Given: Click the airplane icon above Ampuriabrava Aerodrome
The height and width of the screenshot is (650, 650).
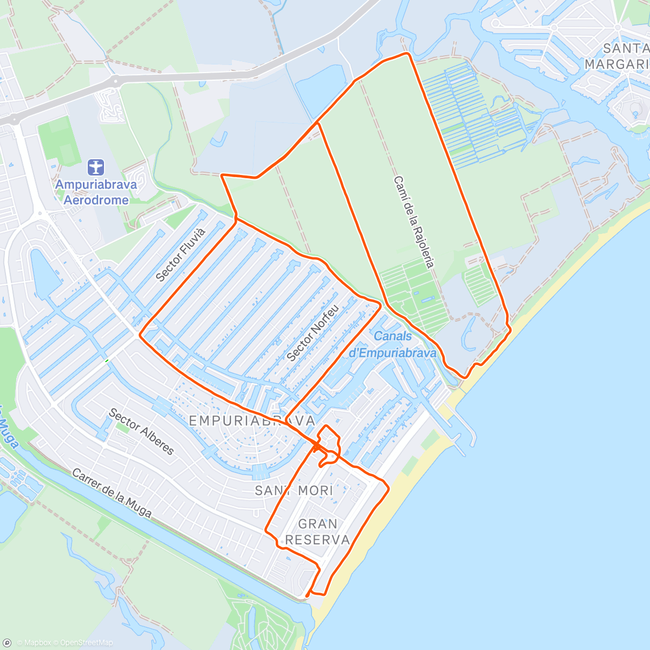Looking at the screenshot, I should point(96,167).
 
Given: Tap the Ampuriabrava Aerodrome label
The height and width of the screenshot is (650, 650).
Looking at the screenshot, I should point(96,192).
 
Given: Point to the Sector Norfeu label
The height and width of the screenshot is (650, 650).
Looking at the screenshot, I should point(313,333).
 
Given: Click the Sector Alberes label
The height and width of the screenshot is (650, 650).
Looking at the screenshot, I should point(141,432).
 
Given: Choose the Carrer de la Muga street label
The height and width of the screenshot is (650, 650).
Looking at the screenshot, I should point(112,493).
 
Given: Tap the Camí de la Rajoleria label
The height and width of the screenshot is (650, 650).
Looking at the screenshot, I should point(414,222).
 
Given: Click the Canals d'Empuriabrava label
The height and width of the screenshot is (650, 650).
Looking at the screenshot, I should point(392,344).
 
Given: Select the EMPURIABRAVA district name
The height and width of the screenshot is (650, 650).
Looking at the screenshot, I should point(252,421).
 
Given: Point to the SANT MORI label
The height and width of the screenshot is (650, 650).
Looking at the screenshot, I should point(294,491).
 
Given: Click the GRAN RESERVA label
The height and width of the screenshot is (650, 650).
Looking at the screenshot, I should point(317,531).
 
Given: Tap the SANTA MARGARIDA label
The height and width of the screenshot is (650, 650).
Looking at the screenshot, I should point(617,56).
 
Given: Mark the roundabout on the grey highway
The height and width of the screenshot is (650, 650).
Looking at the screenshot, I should point(115,81).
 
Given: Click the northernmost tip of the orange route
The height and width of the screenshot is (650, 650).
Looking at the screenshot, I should point(407,54).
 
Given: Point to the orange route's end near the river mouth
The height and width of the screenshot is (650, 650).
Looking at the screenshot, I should point(307,596).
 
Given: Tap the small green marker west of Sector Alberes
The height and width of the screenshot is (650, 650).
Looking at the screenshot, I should point(107,361).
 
